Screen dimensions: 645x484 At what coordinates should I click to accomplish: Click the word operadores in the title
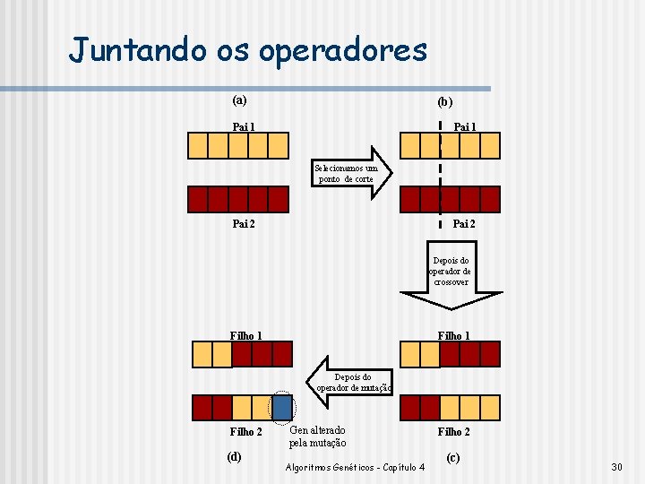(x=343, y=51)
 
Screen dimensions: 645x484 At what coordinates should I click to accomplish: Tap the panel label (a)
(x=240, y=99)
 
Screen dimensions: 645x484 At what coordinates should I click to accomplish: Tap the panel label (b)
(x=444, y=102)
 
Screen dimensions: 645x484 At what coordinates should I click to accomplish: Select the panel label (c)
(x=452, y=458)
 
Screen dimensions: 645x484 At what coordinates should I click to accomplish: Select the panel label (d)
(x=235, y=456)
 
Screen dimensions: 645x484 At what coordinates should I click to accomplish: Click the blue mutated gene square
(x=282, y=408)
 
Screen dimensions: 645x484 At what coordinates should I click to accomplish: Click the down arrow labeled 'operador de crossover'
(x=450, y=273)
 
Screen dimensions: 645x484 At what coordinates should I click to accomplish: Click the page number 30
(x=615, y=467)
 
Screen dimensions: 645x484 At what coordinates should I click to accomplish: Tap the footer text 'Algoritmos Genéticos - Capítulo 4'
(x=355, y=467)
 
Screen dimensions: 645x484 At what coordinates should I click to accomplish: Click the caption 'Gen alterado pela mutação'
(x=317, y=436)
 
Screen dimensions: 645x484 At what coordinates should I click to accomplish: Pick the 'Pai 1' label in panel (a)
(x=244, y=126)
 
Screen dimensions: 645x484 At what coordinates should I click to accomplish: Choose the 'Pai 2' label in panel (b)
(x=463, y=223)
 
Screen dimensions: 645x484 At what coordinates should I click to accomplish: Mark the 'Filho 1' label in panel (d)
(x=245, y=336)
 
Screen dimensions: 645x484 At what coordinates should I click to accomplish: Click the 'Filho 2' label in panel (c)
(x=453, y=431)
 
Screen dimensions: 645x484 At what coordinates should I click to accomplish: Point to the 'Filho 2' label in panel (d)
(x=245, y=432)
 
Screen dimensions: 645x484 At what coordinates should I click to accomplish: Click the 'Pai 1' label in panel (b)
(x=464, y=126)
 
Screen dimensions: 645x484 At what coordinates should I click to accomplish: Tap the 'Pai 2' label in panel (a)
(x=244, y=223)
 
